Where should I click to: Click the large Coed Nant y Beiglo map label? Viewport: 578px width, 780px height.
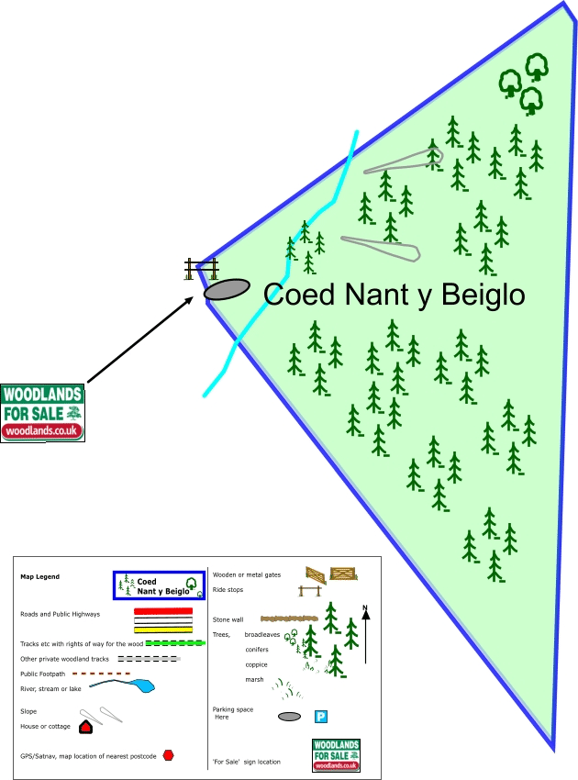394,295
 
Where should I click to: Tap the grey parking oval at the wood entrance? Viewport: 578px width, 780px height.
227,289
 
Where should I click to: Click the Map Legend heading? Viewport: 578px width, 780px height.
39,577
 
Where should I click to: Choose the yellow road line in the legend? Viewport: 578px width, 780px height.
163,630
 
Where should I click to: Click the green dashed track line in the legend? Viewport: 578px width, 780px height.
174,643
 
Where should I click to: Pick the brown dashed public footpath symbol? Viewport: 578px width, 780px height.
100,674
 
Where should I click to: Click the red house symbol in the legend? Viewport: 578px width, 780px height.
86,727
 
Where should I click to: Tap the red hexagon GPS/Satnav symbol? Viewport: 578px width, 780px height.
168,755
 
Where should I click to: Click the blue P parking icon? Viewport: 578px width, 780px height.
322,717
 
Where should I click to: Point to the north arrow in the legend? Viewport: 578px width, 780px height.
365,633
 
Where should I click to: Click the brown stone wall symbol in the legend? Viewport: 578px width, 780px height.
292,619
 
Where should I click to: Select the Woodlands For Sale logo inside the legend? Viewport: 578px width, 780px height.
336,755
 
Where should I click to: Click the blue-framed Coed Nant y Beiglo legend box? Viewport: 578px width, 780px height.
159,585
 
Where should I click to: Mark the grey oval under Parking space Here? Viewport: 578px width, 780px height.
289,717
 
